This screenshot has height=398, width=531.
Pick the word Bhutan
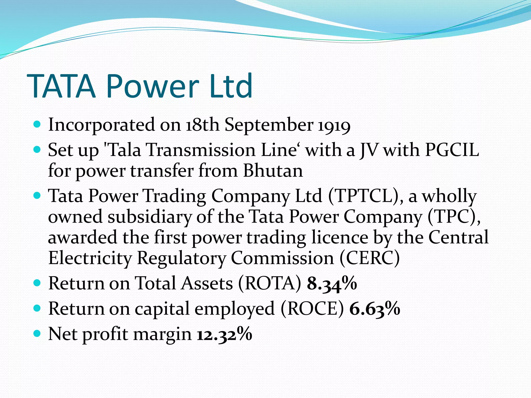tap(273, 171)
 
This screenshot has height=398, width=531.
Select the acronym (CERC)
tap(369, 258)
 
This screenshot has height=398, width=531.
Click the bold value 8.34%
tap(332, 283)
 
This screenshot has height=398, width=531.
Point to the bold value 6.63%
tap(375, 309)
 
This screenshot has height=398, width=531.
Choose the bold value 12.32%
tap(225, 334)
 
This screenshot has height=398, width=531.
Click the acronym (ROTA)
tap(270, 283)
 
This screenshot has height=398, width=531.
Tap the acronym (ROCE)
tap(312, 309)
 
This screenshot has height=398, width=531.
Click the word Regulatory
tap(181, 258)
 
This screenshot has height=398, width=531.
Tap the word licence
tap(339, 238)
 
